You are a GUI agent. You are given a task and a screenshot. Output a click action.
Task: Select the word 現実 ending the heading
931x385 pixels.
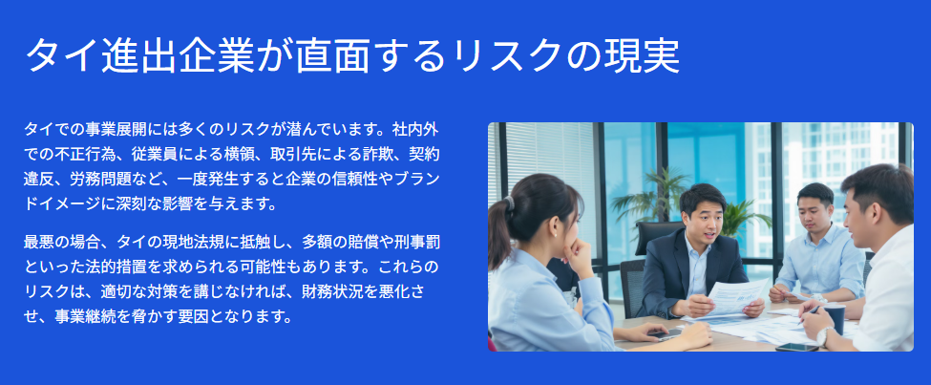pyautogui.click(x=642, y=56)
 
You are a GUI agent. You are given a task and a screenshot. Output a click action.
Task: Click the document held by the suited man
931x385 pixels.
pyautogui.click(x=736, y=297)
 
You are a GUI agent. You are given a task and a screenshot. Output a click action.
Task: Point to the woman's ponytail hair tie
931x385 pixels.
pyautogui.click(x=510, y=203)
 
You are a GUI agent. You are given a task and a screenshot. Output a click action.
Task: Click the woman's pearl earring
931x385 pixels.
pyautogui.click(x=555, y=233)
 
